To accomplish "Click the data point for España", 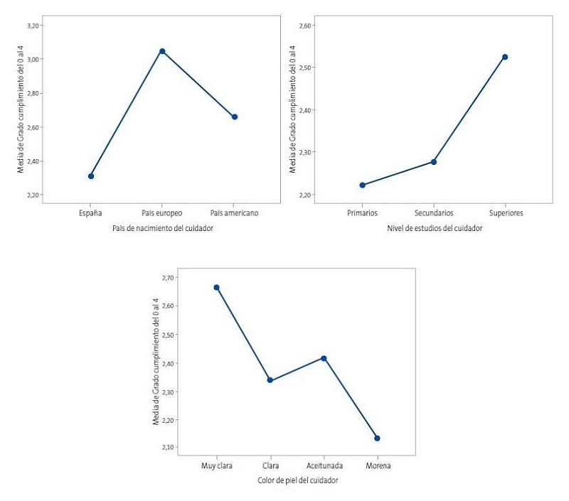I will tap(91, 176).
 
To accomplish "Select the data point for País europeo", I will tap(163, 51).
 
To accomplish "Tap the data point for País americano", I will tap(235, 117).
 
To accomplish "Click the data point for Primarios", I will tap(363, 185).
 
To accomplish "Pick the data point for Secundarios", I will tap(434, 162).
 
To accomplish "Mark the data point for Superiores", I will tap(505, 57).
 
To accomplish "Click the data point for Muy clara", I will tap(216, 288).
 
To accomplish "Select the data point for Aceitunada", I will tap(324, 358).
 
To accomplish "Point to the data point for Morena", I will tap(378, 438).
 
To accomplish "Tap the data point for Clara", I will tap(270, 380).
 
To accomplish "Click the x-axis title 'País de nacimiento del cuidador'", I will tap(163, 228).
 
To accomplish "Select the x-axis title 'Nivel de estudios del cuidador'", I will tap(434, 228).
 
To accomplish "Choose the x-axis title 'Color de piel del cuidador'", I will tap(297, 480).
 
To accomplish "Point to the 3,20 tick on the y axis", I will tap(33, 26).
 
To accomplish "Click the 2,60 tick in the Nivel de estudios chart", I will tap(304, 26).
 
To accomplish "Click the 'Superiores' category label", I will tap(505, 213).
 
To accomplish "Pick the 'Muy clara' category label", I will tap(216, 465).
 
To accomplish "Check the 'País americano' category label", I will tap(235, 213).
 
